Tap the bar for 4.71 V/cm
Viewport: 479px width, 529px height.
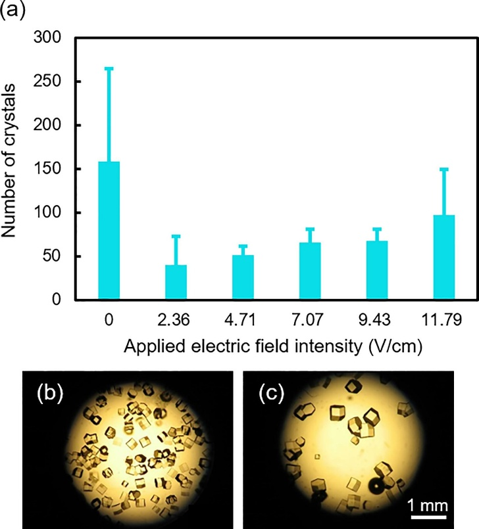[x=243, y=277]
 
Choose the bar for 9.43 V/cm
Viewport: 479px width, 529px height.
[x=377, y=270]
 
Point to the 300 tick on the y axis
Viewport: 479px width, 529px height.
[x=48, y=38]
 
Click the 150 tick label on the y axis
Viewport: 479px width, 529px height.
[x=48, y=169]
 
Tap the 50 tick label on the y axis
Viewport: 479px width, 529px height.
[x=52, y=256]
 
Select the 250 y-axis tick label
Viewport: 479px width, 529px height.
[x=48, y=81]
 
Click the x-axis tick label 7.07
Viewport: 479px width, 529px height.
[x=310, y=320]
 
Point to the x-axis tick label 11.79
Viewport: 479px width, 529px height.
[x=444, y=320]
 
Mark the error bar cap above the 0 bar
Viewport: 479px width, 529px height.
[x=109, y=68]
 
